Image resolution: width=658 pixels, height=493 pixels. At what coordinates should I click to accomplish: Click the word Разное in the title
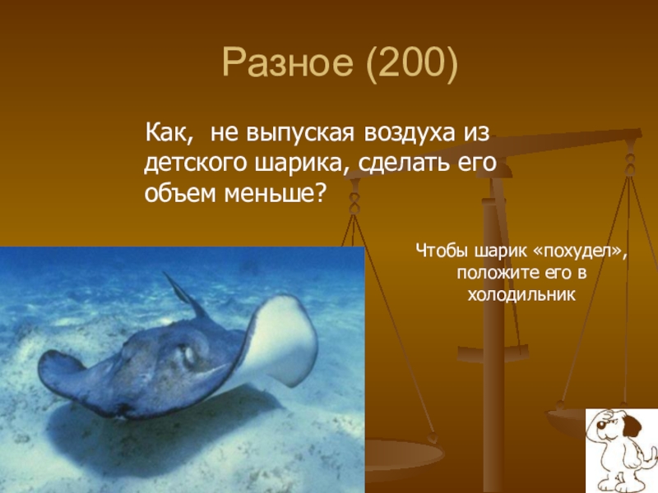click(x=287, y=62)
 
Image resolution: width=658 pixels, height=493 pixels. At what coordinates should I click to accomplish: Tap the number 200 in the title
click(x=411, y=62)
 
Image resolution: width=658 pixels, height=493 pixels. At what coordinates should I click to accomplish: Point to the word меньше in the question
click(x=271, y=193)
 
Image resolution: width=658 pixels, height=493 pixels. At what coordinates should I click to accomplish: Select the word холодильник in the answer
click(x=521, y=295)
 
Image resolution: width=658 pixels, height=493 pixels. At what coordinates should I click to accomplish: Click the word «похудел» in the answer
click(x=580, y=251)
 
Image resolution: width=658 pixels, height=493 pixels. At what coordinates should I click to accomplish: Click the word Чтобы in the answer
click(x=443, y=251)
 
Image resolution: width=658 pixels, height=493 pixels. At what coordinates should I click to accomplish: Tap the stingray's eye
click(x=189, y=356)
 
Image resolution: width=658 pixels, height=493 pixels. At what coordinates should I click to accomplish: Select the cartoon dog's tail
click(x=651, y=456)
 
